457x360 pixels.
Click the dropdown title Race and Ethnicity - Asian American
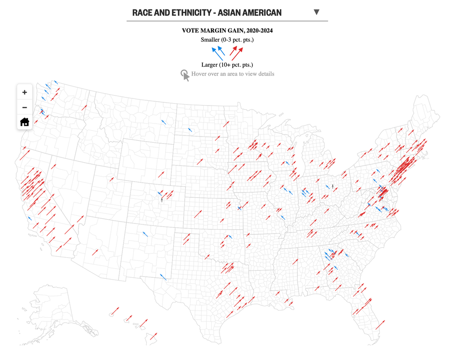(x=207, y=12)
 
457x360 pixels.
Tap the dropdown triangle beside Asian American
(x=317, y=12)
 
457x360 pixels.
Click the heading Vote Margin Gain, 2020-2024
(x=227, y=30)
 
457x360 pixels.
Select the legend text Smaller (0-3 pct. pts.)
(x=227, y=39)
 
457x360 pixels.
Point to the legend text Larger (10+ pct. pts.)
(x=227, y=64)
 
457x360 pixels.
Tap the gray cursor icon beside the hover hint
(x=185, y=75)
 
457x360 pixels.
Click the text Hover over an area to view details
(x=232, y=74)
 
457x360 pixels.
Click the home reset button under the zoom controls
(x=25, y=122)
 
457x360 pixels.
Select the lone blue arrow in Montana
(x=164, y=122)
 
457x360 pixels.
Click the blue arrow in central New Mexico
(x=145, y=234)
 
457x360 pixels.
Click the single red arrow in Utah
(x=111, y=179)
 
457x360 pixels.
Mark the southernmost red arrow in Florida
(x=380, y=325)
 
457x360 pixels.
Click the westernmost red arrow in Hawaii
(x=113, y=312)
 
